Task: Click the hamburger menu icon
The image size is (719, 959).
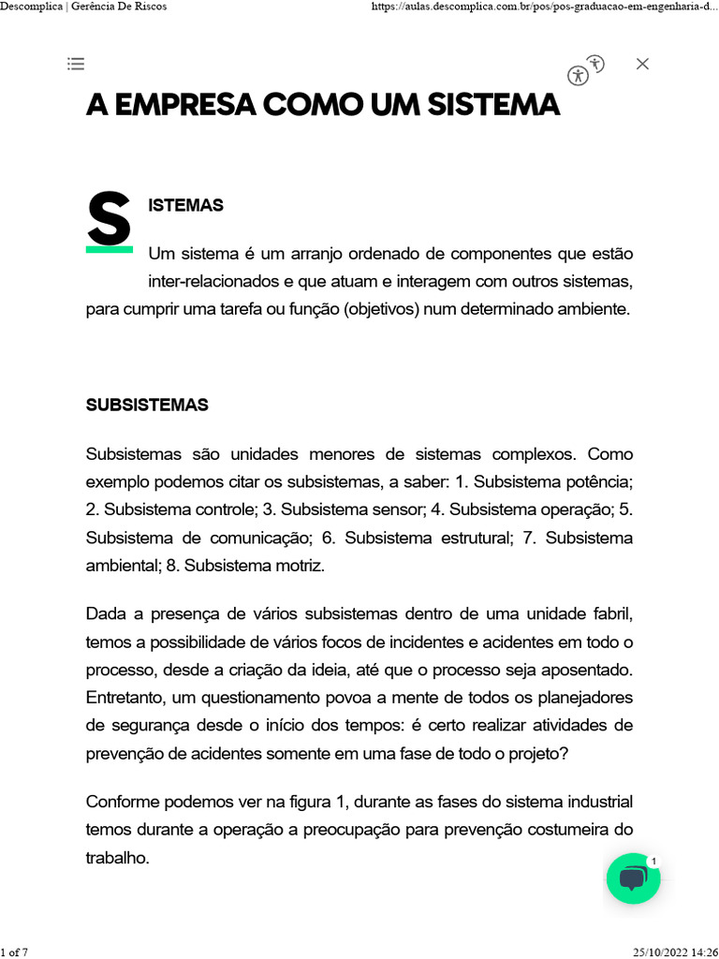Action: (76, 64)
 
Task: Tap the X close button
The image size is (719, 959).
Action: (642, 64)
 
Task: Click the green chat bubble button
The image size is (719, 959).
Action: (634, 878)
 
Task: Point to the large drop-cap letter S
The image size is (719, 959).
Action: (109, 221)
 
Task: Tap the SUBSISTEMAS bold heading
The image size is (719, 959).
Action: (147, 406)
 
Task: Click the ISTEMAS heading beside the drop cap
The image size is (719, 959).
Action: (185, 205)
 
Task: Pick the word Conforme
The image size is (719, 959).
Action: (121, 802)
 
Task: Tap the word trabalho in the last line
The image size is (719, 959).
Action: (117, 858)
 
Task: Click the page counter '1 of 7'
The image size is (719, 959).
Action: (14, 952)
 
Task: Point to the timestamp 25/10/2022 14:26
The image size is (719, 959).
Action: (675, 952)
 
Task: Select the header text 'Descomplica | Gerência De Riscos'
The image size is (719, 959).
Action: (84, 7)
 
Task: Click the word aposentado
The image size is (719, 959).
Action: (590, 670)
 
